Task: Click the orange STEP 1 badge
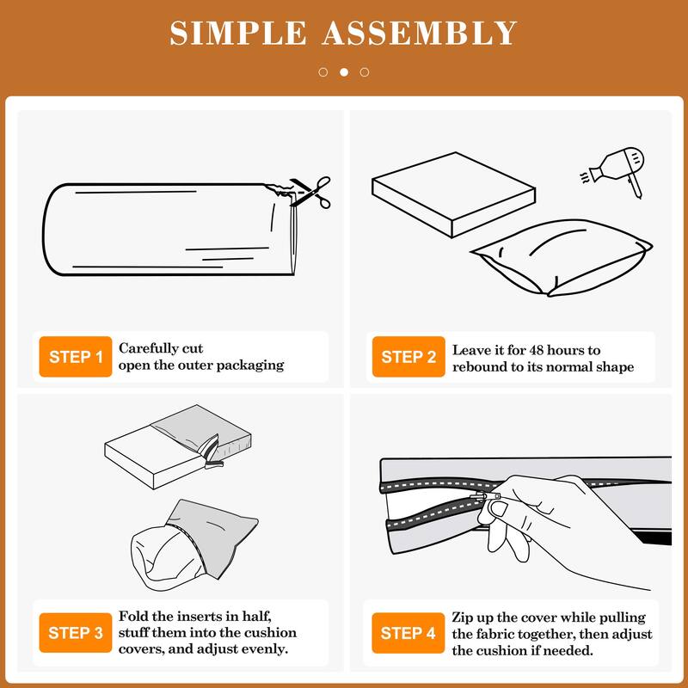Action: coord(76,356)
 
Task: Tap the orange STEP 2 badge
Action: coord(408,356)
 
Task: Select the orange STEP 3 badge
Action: coord(76,633)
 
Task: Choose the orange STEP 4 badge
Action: coord(408,633)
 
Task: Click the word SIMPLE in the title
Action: coord(238,33)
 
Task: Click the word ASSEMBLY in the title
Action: coord(420,33)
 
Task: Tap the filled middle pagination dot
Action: coord(344,72)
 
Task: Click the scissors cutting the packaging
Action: coord(310,191)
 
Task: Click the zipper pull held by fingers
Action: coord(485,497)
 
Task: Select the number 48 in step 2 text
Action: coord(537,350)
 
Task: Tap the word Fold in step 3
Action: coord(132,616)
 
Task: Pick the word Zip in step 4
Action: coord(462,617)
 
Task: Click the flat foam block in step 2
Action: coord(454,195)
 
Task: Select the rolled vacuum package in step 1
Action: coord(170,229)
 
